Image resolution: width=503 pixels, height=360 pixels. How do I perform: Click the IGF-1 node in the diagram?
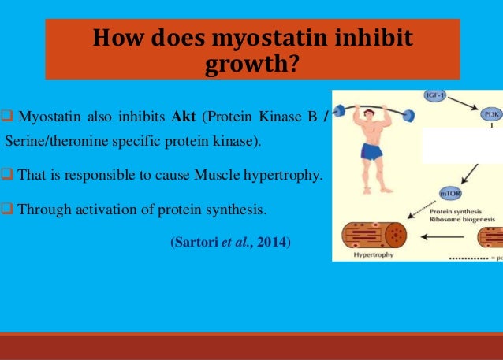(434, 95)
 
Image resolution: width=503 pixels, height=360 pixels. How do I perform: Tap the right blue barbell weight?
(407, 116)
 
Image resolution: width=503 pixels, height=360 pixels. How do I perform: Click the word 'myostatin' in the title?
(226, 39)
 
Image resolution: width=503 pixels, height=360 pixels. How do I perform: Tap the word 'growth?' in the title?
(251, 64)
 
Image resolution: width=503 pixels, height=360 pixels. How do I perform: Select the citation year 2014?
(274, 242)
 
